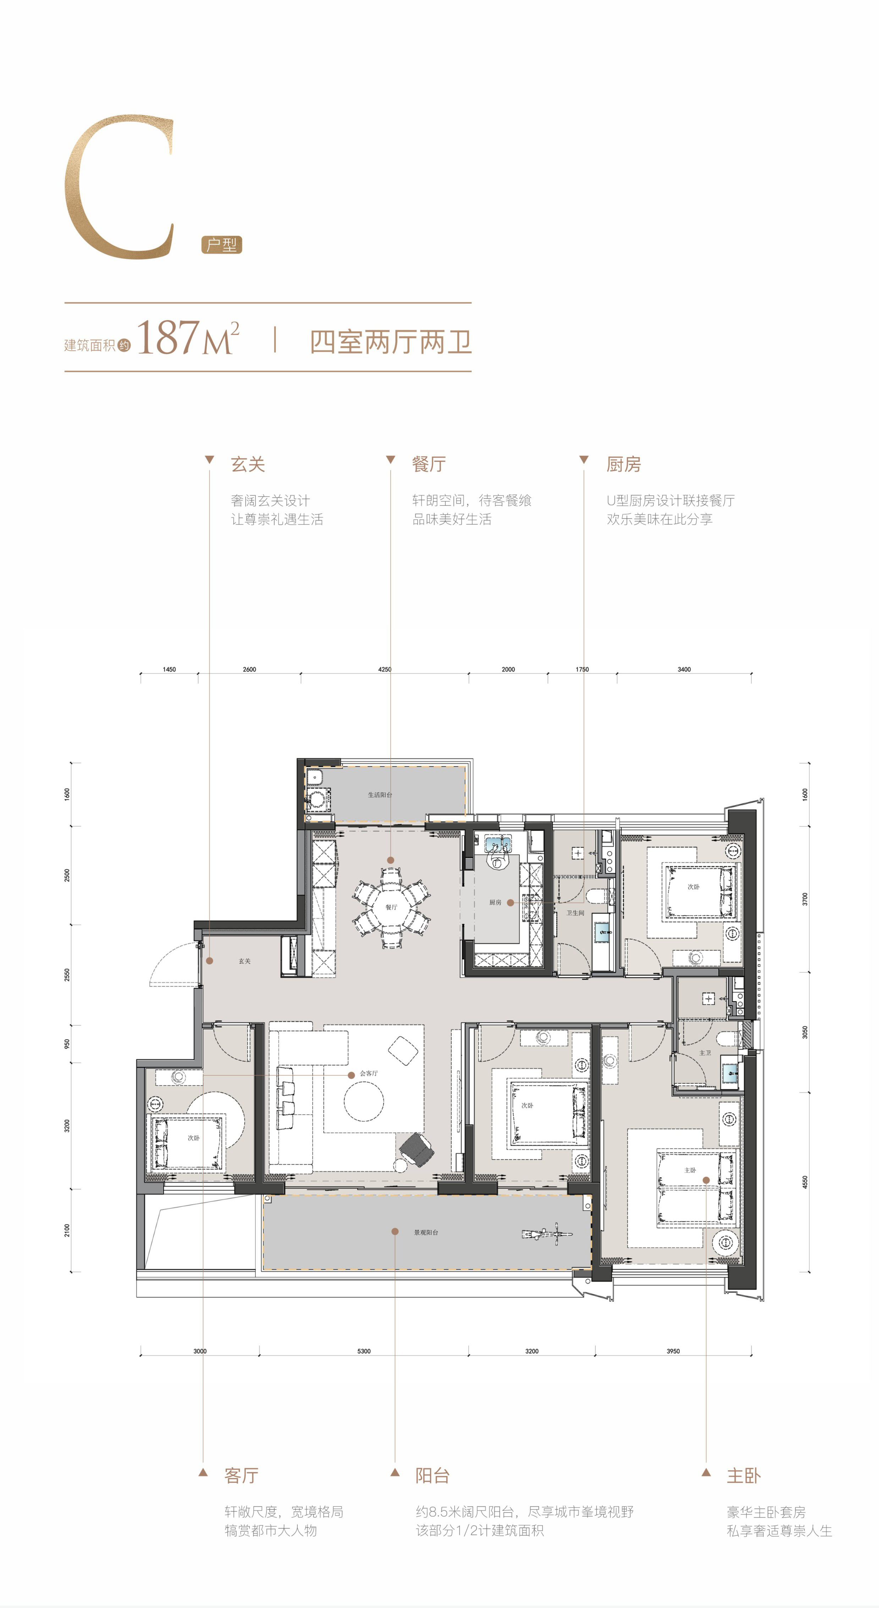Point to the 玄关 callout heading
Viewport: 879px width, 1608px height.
pos(248,464)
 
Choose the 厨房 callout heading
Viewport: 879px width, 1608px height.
pos(623,464)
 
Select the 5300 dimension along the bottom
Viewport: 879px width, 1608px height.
pos(364,1351)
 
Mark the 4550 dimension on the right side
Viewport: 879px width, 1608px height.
pos(805,1182)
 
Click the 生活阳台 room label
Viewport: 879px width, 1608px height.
pos(380,795)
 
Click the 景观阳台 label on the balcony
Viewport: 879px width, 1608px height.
pos(426,1232)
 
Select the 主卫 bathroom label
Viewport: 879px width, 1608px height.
pos(705,1052)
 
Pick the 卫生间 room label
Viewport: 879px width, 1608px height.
pos(575,913)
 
